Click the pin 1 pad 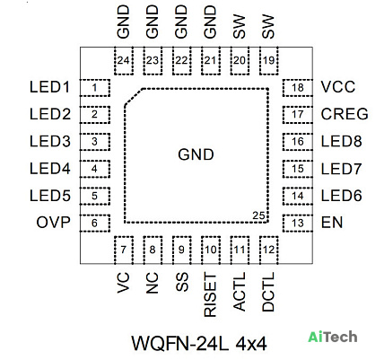coord(95,88)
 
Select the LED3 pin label coord(50,141)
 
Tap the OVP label coord(53,223)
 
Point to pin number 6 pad coord(95,223)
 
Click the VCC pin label coord(338,87)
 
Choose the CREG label coord(345,114)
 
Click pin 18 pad coord(298,88)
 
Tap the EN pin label coord(332,223)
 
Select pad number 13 coord(298,223)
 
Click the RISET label coord(210,294)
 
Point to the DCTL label coord(268,292)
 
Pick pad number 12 coord(269,250)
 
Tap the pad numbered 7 coord(124,250)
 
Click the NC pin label coord(152,283)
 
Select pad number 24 coord(124,61)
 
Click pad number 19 coord(269,61)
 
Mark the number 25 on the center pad coord(258,215)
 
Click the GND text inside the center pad coord(196,154)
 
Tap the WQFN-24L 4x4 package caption coord(199,343)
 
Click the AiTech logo coord(333,337)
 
